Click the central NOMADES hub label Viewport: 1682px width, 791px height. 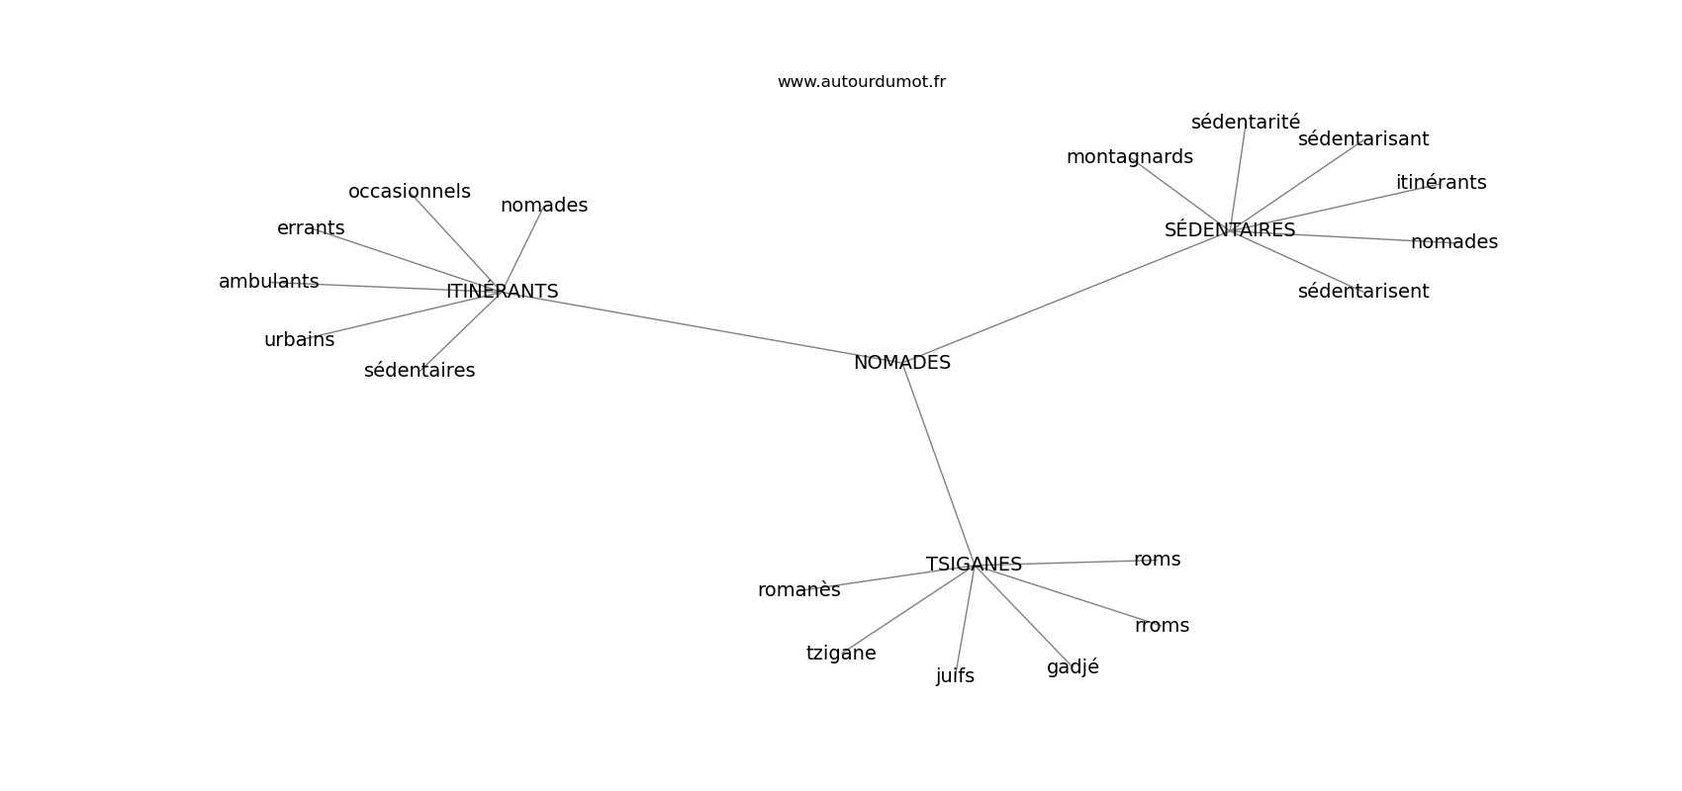tap(901, 363)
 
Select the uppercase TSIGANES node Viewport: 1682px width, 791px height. tap(974, 565)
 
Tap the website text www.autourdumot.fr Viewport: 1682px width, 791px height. tap(861, 82)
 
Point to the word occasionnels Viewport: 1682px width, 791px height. tap(410, 192)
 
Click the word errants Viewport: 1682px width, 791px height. tap(311, 228)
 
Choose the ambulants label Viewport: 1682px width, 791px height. tap(269, 282)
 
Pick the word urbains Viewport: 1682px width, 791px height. tap(299, 340)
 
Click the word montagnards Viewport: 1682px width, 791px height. tap(1129, 157)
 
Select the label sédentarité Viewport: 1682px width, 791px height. tap(1245, 122)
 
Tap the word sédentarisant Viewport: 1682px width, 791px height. tap(1362, 138)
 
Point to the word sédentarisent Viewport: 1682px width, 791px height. tap(1362, 291)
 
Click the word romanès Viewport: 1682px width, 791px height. tap(799, 590)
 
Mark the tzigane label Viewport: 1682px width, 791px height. tap(841, 654)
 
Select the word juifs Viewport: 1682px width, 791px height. tap(955, 676)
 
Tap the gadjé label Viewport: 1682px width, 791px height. tap(1073, 667)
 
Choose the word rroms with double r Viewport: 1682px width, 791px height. tap(1162, 626)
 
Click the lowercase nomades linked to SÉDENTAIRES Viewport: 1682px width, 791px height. tap(1453, 241)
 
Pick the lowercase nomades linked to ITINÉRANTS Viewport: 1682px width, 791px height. tap(543, 206)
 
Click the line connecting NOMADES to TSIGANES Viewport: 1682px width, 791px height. tap(938, 464)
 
